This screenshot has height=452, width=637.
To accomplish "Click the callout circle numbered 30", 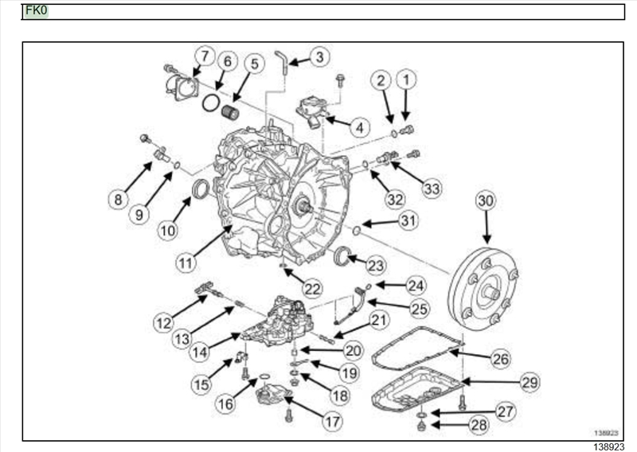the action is [486, 201].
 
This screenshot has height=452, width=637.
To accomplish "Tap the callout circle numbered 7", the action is [205, 56].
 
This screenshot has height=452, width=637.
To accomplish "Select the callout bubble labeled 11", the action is [186, 263].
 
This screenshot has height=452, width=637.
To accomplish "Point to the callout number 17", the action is [332, 422].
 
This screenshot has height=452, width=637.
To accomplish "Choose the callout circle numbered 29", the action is [530, 382].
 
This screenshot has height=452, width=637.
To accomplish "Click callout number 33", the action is [432, 189].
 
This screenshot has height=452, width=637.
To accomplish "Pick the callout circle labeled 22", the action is [312, 289].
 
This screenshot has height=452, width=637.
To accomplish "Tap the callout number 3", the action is [320, 57].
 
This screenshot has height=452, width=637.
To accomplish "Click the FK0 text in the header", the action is [36, 10].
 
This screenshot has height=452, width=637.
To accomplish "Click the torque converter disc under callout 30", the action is [483, 288].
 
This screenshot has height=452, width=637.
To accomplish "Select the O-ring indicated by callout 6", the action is [211, 103].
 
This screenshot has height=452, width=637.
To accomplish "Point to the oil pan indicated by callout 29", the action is [416, 390].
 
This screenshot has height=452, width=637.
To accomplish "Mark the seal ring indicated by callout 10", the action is [201, 189].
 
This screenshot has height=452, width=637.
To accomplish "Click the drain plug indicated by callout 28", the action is [422, 426].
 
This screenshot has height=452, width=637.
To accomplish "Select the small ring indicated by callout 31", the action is [356, 231].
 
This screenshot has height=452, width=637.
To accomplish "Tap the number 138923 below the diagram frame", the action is [609, 446].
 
